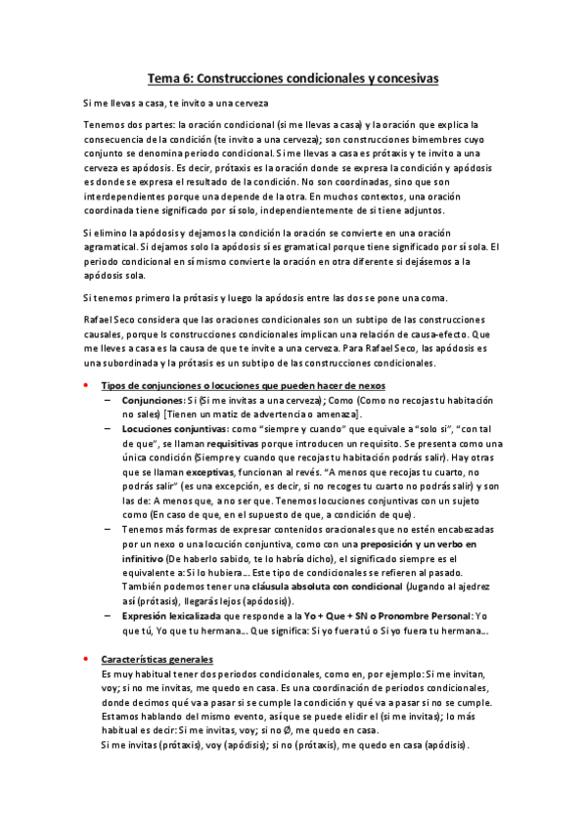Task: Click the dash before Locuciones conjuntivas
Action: click(x=106, y=429)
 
